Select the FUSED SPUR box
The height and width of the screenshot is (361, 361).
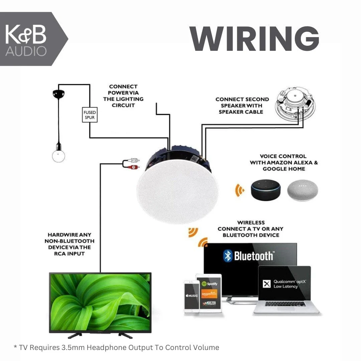click(90, 115)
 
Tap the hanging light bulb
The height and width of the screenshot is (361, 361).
click(58, 155)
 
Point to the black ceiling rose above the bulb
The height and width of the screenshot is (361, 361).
click(58, 94)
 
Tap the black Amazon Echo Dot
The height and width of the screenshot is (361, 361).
click(266, 191)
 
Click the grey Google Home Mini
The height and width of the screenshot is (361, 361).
click(303, 191)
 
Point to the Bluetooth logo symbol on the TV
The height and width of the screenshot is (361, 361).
click(228, 256)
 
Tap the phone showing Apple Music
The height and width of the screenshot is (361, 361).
click(192, 296)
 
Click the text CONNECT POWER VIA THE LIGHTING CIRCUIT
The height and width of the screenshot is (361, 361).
click(123, 96)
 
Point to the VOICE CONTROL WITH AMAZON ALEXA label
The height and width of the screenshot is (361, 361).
click(284, 162)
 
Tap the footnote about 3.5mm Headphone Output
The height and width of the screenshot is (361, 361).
click(116, 347)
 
